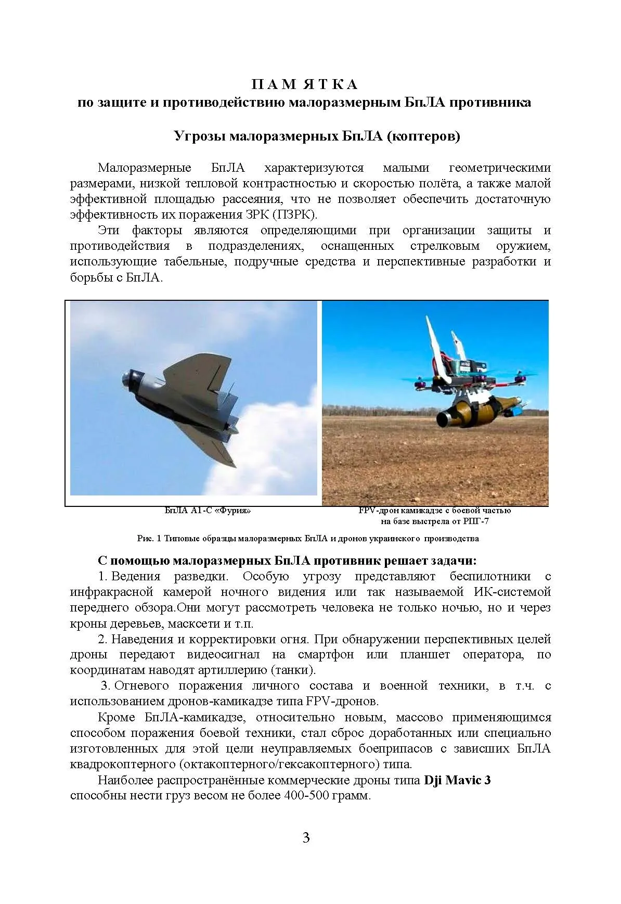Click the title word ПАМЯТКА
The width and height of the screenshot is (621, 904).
pos(305,84)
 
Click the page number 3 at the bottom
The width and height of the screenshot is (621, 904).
pos(306,837)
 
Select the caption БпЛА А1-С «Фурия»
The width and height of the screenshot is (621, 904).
pos(208,511)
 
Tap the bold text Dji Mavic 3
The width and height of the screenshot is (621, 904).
pos(457,781)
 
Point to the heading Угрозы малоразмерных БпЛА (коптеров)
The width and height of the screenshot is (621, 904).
pos(317,136)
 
